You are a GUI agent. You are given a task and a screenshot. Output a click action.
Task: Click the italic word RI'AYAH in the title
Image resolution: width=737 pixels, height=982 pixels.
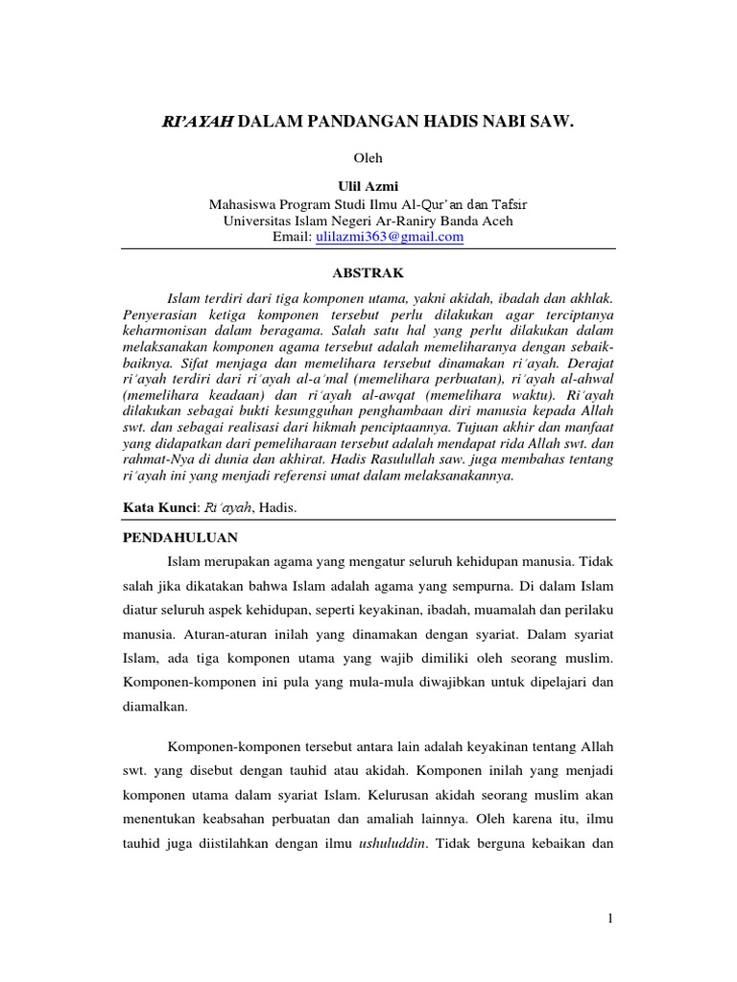click(197, 125)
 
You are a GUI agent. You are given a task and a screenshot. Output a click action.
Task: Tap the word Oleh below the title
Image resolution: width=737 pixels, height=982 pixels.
click(368, 157)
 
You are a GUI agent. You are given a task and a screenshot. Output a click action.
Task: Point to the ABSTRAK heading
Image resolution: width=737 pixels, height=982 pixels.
click(368, 273)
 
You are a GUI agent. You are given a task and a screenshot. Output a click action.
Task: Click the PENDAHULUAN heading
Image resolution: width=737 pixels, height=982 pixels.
click(180, 538)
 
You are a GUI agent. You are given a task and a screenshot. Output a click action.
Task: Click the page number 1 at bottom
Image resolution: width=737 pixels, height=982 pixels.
click(609, 919)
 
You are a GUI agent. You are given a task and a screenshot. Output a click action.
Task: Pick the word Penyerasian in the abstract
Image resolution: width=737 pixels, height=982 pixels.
click(161, 315)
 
